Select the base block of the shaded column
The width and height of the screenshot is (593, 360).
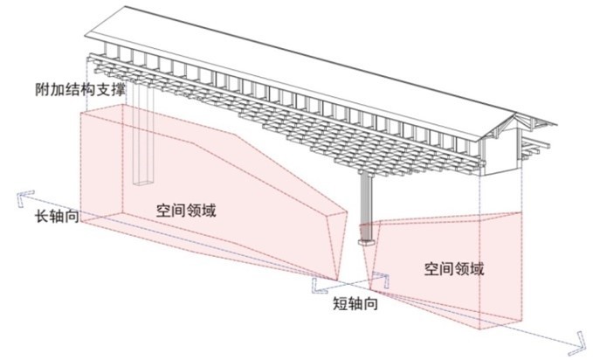pyautogui.click(x=365, y=234)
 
